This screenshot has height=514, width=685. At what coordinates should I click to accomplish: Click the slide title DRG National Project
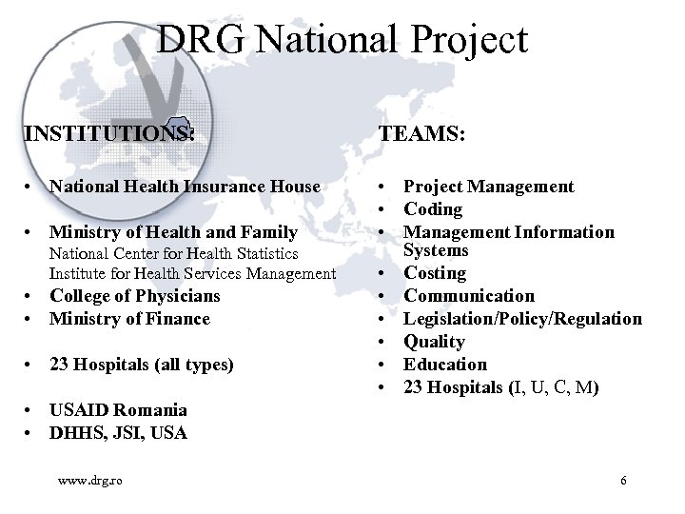click(342, 40)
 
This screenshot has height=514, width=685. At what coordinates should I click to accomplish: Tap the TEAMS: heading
click(422, 135)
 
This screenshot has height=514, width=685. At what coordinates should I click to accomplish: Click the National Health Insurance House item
click(185, 187)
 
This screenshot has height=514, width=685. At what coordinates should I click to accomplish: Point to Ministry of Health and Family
click(174, 232)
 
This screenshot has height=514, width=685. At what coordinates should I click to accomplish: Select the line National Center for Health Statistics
click(174, 254)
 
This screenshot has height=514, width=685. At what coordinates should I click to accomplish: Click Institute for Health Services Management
click(192, 274)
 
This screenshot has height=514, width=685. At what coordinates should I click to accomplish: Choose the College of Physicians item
click(134, 296)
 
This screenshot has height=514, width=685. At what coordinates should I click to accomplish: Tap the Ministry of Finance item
click(129, 319)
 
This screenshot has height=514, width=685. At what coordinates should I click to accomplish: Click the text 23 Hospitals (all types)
click(142, 365)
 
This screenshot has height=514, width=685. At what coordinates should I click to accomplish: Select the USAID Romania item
click(118, 410)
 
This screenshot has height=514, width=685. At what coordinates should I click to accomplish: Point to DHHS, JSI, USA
click(118, 433)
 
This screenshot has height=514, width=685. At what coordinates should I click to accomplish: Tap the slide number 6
click(623, 481)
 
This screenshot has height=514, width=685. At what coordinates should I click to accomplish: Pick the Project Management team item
click(489, 187)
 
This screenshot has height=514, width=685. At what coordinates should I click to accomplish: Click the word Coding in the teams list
click(433, 209)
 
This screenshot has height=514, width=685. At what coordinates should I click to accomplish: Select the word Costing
click(435, 273)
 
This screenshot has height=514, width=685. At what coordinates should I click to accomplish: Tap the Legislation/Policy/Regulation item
click(522, 319)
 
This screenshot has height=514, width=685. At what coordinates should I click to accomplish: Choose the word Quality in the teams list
click(434, 342)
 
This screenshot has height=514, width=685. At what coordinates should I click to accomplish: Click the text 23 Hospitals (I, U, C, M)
click(501, 387)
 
